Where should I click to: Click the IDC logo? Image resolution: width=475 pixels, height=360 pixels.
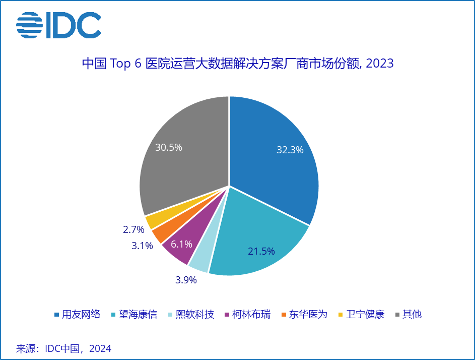click(58, 24)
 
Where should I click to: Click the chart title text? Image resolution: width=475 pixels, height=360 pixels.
click(237, 64)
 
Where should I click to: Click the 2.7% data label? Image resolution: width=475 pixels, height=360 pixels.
click(133, 230)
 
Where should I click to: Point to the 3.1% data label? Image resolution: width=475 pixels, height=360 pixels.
click(142, 246)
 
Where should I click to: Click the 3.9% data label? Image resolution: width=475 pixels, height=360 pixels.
click(186, 280)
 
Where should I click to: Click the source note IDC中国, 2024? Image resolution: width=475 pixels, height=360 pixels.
click(64, 348)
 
